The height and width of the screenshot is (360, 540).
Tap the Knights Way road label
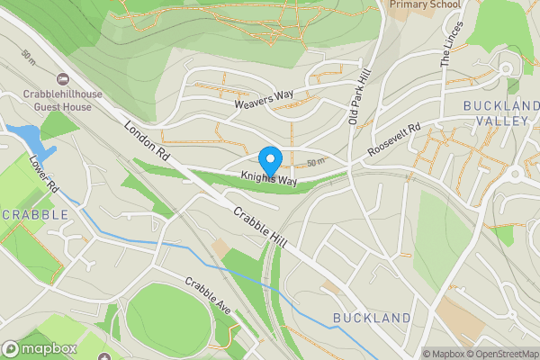[x=268, y=180]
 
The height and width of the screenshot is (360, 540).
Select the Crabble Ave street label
[x=208, y=295]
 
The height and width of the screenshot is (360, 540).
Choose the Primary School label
[x=425, y=4]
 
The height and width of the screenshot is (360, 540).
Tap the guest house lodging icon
[x=62, y=80]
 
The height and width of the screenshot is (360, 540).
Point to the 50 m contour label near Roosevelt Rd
[x=315, y=163]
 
